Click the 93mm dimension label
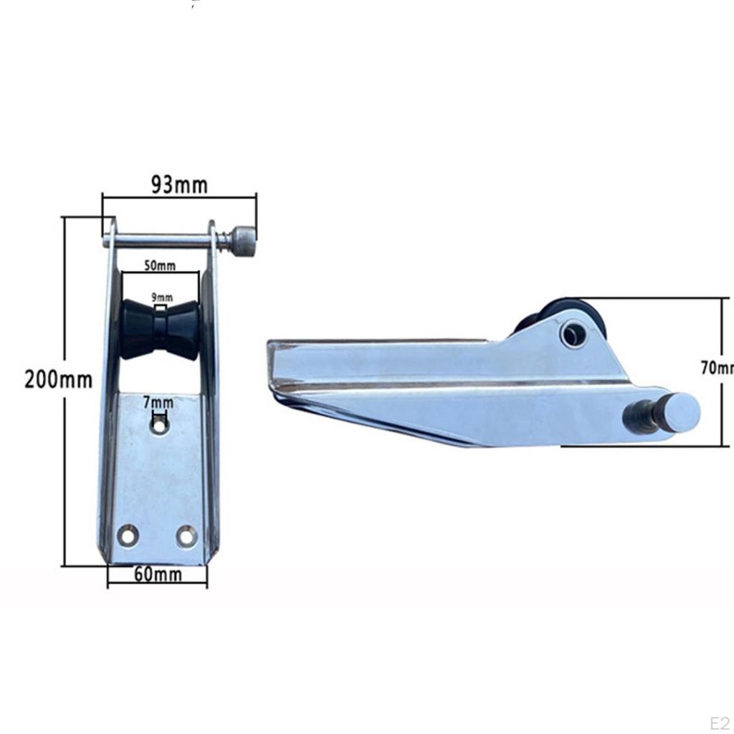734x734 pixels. [x=178, y=184]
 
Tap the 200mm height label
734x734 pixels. [x=58, y=378]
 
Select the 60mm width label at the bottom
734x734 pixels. [x=157, y=574]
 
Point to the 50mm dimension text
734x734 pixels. [x=159, y=266]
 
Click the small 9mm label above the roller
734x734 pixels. [x=161, y=297]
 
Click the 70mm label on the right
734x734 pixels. [x=717, y=368]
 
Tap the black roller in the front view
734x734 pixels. [x=160, y=330]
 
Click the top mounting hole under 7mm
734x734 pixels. [x=158, y=426]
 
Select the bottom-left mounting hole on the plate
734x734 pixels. [x=129, y=535]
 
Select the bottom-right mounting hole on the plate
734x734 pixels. [x=186, y=535]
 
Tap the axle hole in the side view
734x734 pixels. [x=573, y=333]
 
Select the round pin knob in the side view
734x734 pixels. [x=678, y=413]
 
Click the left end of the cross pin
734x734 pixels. [x=107, y=242]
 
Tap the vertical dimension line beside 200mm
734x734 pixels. [x=65, y=466]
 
